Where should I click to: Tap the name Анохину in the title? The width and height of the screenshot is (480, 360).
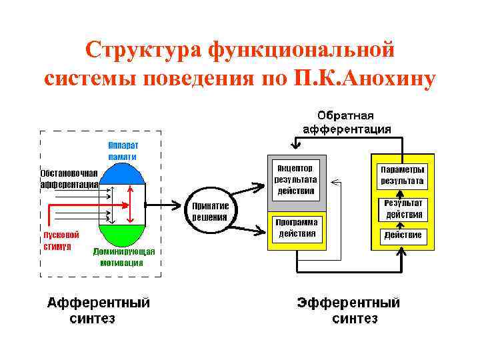point(389,78)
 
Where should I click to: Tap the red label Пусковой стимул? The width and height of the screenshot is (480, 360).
point(61,241)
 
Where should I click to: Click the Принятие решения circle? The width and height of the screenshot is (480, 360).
point(210,211)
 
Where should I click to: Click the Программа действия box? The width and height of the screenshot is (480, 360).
point(297,229)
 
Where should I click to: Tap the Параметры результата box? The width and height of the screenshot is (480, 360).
point(402,175)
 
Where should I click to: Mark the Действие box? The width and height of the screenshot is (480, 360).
point(403,235)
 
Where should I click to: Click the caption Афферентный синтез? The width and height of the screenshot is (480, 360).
point(98,311)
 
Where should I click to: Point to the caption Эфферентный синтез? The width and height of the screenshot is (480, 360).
point(349,311)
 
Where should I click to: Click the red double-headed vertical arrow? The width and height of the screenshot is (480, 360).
point(132,205)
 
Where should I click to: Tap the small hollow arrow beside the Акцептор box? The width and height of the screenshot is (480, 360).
point(336,181)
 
